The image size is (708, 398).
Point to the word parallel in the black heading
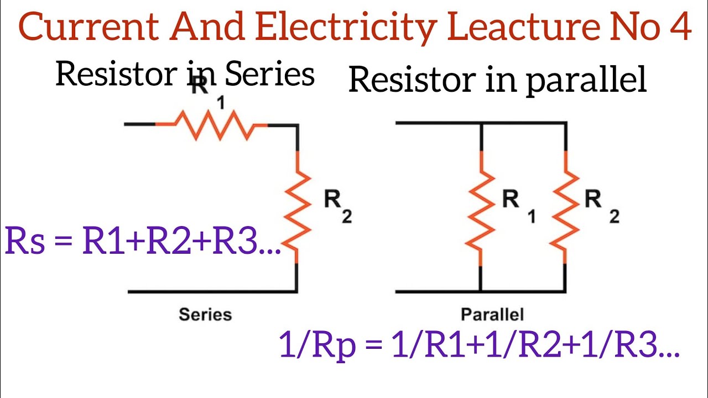[x=586, y=81]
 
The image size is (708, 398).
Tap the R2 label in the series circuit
[x=337, y=207]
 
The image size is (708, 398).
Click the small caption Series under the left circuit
[x=205, y=315]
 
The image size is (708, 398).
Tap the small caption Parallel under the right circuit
[x=492, y=315]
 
